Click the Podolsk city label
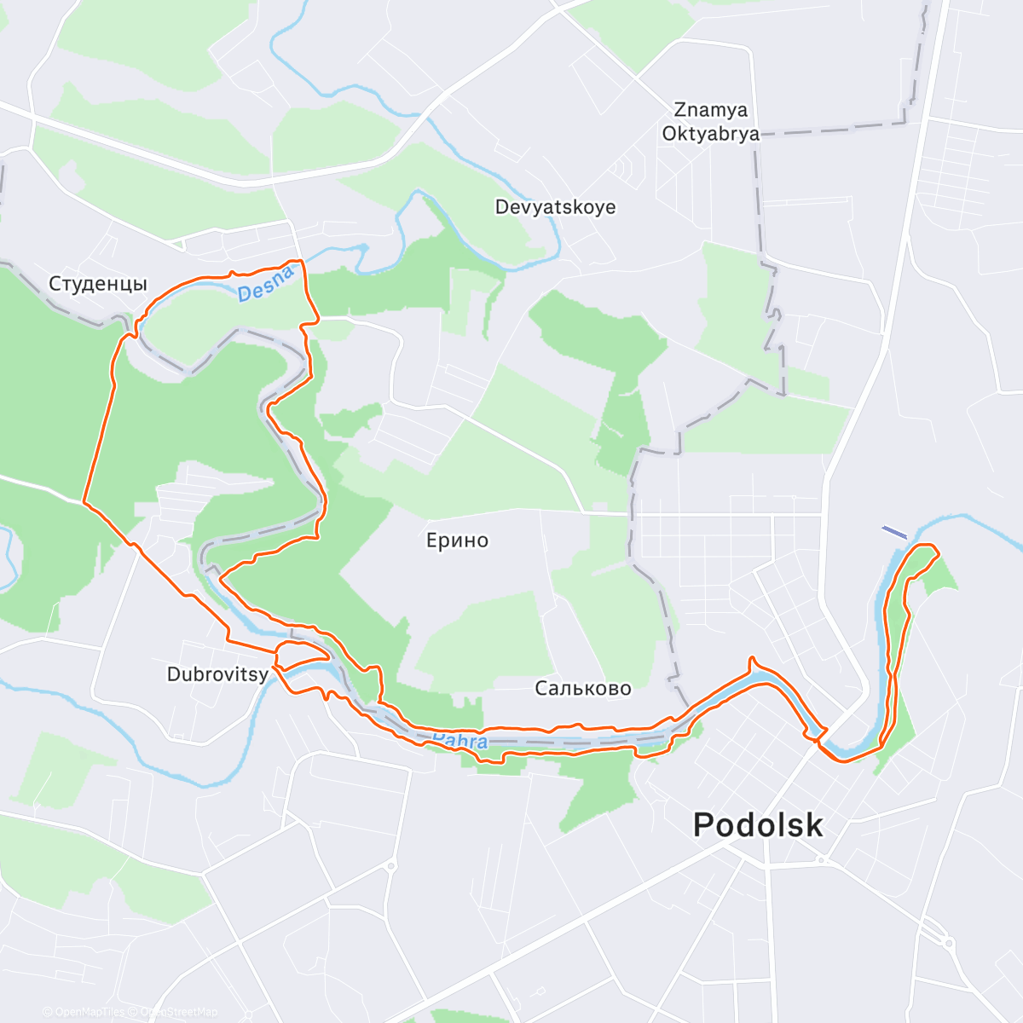pos(758,825)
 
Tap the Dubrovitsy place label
pos(217,674)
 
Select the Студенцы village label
pos(98,284)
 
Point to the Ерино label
pos(457,540)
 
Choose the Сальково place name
pos(583,688)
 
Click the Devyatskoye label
pos(555,207)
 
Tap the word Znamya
pos(710,110)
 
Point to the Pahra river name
pos(460,740)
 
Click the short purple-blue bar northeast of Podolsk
pos(894,532)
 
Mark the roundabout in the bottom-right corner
pos(948,941)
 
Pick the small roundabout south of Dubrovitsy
pos(390,865)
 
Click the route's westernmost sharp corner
pos(84,502)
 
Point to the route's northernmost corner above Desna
pos(298,261)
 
